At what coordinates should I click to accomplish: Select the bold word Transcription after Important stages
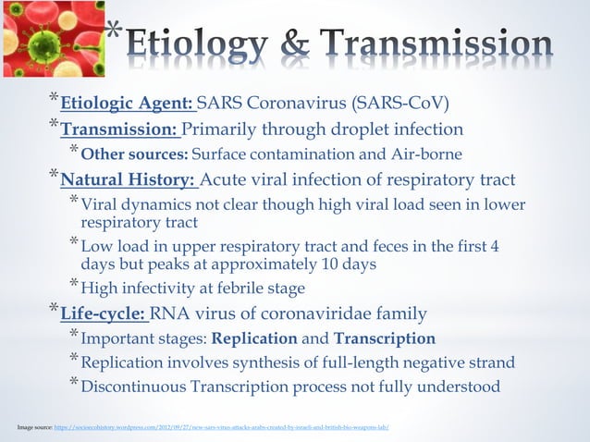pos(384,338)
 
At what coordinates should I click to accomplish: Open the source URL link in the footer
pos(222,427)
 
